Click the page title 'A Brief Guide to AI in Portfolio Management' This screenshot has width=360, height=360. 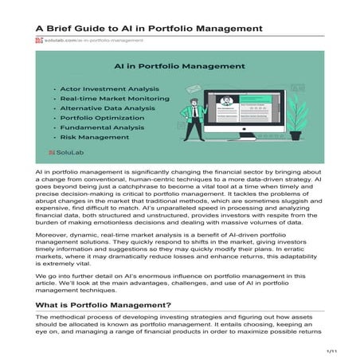(149, 28)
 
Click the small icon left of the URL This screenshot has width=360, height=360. (38, 39)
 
